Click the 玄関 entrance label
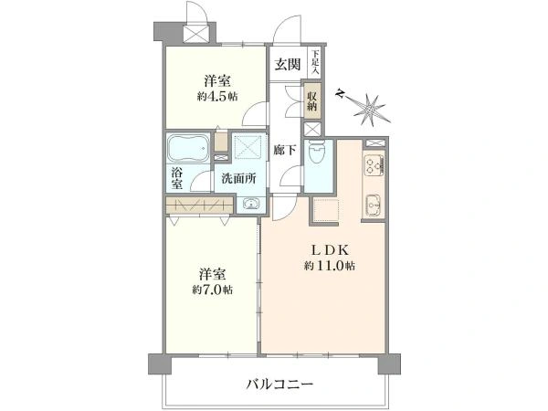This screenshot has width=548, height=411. [x=288, y=64]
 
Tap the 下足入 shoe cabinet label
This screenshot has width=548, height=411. [x=315, y=63]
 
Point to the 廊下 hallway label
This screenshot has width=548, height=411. [x=285, y=151]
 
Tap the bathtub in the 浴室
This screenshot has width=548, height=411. [x=188, y=148]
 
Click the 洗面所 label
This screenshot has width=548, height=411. [x=239, y=179]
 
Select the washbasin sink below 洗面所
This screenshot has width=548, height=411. [x=250, y=204]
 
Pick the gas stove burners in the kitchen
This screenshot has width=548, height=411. [x=374, y=165]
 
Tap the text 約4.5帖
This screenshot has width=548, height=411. [x=217, y=97]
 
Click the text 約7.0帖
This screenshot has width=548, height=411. [x=212, y=290]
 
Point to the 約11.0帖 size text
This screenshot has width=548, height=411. [x=330, y=266]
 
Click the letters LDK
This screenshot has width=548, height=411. [x=330, y=250]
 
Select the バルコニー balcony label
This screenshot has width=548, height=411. [x=279, y=385]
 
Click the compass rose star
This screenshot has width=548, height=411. [x=371, y=111]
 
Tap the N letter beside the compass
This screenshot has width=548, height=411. [x=340, y=94]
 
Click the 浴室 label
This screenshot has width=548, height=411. [x=177, y=178]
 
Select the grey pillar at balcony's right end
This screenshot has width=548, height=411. [x=389, y=364]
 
